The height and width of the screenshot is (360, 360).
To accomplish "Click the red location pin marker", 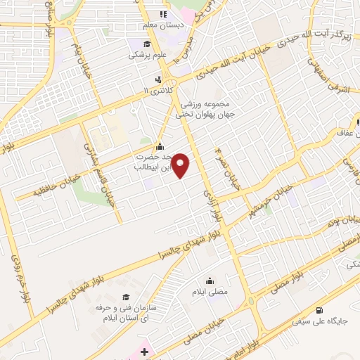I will [181, 166].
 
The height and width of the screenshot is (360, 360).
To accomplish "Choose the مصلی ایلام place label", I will [210, 290].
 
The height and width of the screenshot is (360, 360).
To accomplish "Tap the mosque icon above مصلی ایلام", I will [210, 280].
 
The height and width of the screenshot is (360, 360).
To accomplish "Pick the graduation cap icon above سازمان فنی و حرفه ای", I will [125, 297].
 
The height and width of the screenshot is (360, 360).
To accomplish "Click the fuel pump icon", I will [320, 310].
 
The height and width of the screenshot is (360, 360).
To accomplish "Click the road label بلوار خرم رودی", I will [20, 278].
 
